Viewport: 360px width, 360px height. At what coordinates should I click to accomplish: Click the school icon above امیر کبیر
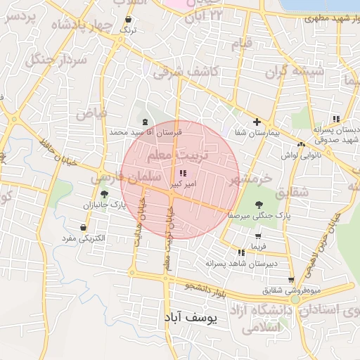(x=183, y=173)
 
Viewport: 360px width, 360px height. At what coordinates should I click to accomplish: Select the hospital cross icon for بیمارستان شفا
(x=257, y=122)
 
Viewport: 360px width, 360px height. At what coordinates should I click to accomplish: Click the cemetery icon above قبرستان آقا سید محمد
(x=145, y=122)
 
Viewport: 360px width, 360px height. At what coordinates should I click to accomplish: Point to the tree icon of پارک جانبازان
(x=105, y=195)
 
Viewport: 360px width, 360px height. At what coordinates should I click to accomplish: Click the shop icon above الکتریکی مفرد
(x=84, y=228)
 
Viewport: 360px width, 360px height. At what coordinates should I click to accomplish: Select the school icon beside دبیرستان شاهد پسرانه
(x=241, y=252)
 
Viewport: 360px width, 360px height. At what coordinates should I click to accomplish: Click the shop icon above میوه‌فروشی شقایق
(x=290, y=280)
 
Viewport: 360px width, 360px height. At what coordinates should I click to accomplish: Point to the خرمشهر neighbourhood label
(x=250, y=179)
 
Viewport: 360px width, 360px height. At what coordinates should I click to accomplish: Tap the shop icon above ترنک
(x=128, y=20)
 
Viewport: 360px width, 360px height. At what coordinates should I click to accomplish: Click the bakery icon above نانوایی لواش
(x=301, y=144)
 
